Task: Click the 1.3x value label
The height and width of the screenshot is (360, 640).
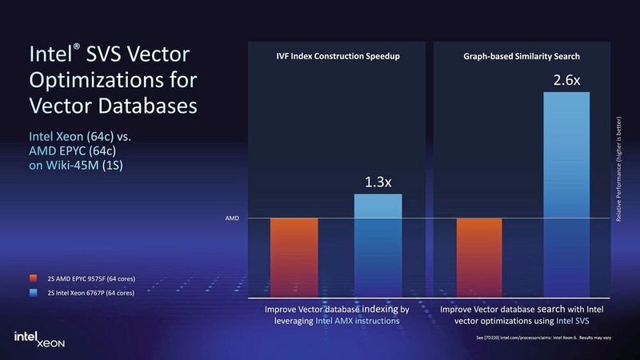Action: tap(377, 182)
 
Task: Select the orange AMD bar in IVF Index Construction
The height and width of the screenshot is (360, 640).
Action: tap(294, 257)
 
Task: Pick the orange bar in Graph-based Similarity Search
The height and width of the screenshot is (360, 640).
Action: tap(480, 257)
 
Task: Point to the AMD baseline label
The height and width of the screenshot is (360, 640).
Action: tap(230, 218)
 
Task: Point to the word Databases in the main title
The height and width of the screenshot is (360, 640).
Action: tap(142, 106)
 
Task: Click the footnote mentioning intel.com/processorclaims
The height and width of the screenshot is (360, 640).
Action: tap(544, 338)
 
